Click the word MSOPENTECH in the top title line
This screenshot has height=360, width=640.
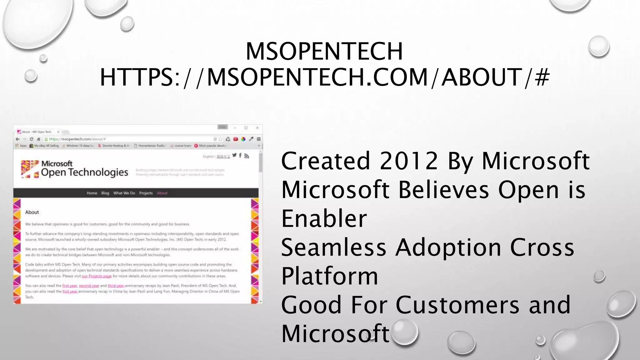pyautogui.click(x=324, y=51)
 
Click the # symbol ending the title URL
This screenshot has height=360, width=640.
pyautogui.click(x=542, y=77)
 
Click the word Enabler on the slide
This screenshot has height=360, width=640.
pyautogui.click(x=324, y=218)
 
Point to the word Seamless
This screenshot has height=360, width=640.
pyautogui.click(x=333, y=247)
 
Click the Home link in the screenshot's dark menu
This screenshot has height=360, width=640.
pyautogui.click(x=92, y=193)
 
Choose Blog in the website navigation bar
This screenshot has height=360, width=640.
pyautogui.click(x=105, y=193)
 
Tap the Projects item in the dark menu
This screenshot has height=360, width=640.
pyautogui.click(x=146, y=193)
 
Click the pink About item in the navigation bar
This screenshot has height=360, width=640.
pyautogui.click(x=162, y=193)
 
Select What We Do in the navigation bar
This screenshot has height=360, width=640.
pyautogui.click(x=124, y=193)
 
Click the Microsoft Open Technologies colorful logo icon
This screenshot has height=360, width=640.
pyautogui.click(x=30, y=169)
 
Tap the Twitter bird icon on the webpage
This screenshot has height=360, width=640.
pyautogui.click(x=234, y=155)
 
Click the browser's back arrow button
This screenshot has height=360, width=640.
pyautogui.click(x=18, y=139)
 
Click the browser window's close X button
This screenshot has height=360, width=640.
pyautogui.click(x=257, y=128)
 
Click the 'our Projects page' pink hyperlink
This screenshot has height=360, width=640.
pyautogui.click(x=97, y=276)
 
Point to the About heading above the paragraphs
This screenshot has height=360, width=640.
pyautogui.click(x=32, y=212)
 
